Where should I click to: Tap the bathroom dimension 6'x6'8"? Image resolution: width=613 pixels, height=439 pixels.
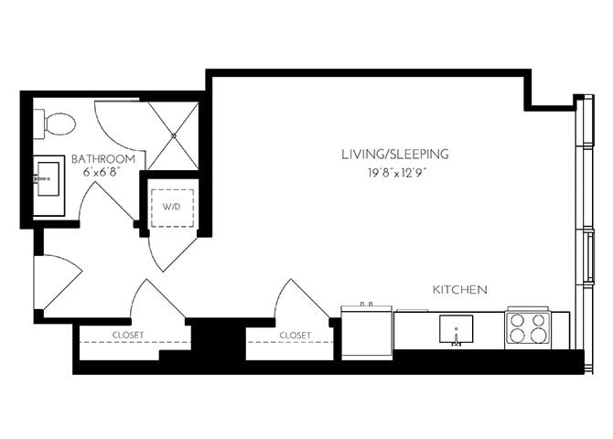tap(103, 171)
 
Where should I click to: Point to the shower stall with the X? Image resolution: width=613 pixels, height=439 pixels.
tap(174, 134)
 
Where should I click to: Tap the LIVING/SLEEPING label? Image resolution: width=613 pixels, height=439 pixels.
tap(394, 155)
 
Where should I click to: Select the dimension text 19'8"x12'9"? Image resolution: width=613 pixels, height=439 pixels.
tap(394, 170)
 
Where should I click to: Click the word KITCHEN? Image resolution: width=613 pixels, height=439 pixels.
tap(459, 289)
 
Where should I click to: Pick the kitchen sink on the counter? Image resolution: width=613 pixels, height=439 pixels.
tap(456, 327)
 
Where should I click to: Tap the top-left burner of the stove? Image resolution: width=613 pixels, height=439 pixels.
tap(518, 321)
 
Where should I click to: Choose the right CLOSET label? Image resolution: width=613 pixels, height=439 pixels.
tap(295, 336)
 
